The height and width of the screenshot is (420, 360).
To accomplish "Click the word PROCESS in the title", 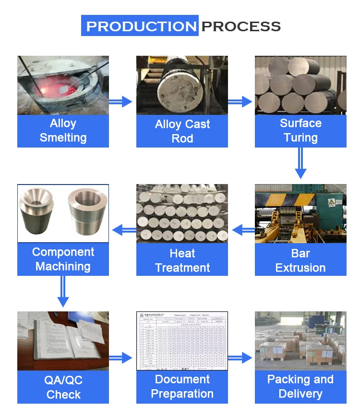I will click(x=241, y=26).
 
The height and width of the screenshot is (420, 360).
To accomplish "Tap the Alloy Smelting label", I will click(x=63, y=131).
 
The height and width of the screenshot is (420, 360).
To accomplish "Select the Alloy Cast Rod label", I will click(x=182, y=131).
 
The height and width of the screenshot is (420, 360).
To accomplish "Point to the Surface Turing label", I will click(x=300, y=131).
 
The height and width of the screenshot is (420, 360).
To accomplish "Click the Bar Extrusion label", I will click(x=300, y=260).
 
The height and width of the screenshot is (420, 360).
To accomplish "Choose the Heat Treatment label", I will click(x=182, y=260).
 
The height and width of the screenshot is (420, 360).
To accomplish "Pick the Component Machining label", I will click(x=63, y=259).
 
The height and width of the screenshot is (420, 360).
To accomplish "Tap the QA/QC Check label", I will click(x=63, y=387).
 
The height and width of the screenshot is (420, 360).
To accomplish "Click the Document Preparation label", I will click(x=182, y=386).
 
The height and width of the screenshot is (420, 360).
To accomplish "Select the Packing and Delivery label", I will click(x=300, y=386).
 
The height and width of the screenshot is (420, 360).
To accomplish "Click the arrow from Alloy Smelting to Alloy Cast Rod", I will click(x=121, y=101).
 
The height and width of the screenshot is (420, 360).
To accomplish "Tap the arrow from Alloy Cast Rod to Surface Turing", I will click(x=240, y=101).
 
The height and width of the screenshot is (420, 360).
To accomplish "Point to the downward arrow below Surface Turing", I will click(x=300, y=163).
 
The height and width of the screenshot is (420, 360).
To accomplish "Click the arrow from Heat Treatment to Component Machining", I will click(x=124, y=230).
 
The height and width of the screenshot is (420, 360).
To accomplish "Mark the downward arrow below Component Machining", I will click(x=63, y=292).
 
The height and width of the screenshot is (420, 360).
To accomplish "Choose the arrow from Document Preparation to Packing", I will click(x=240, y=358).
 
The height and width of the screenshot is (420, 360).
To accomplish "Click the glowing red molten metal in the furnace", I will click(x=34, y=89).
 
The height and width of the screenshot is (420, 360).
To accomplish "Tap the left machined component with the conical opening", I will click(x=38, y=211).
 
